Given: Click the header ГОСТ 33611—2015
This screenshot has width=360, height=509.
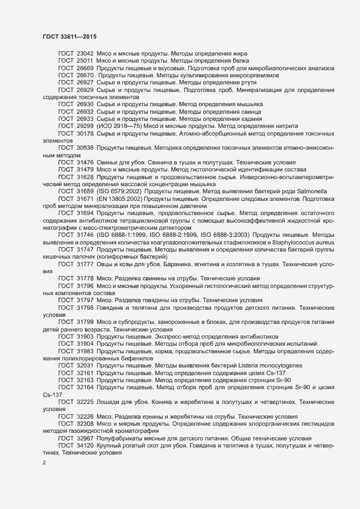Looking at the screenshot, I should (x=65, y=36).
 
